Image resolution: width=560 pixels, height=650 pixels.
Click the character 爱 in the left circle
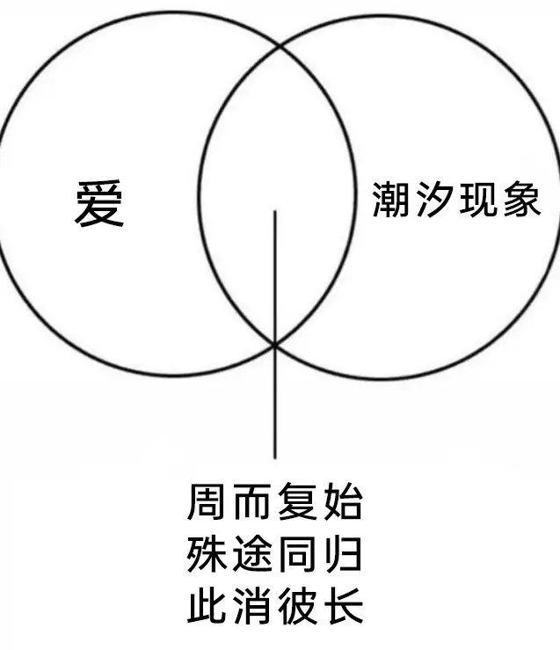[99, 203]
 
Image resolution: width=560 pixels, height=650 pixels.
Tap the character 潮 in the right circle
[391, 200]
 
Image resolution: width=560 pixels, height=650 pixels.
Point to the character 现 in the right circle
[478, 200]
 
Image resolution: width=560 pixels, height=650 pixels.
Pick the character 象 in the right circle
[522, 200]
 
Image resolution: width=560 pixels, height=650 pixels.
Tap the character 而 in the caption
[253, 501]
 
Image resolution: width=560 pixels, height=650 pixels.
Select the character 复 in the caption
[297, 501]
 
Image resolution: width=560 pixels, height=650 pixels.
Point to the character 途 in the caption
[253, 554]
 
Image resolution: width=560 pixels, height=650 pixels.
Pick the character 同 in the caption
[297, 554]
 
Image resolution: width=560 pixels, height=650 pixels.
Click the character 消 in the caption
[253, 606]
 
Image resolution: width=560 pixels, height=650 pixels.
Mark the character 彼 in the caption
[297, 606]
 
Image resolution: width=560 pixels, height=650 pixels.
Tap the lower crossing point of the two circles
[274, 344]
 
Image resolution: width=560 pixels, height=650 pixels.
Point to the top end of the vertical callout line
[274, 211]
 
